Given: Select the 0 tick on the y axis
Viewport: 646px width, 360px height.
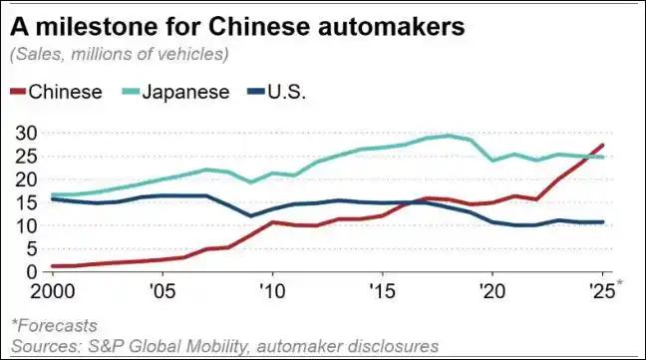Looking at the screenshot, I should tap(29, 271).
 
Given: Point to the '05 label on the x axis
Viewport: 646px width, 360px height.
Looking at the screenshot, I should tap(162, 294).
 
